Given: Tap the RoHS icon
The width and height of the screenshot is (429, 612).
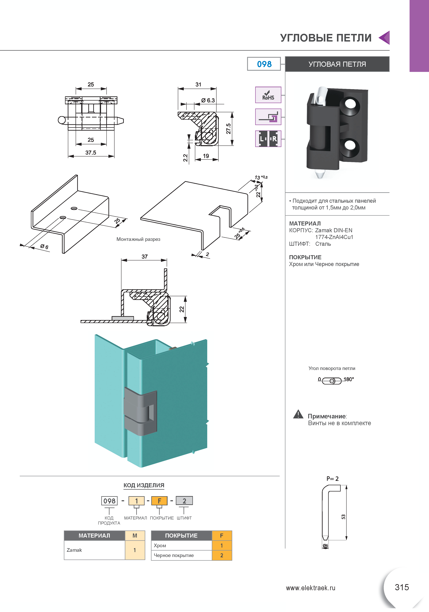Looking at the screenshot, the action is click(268, 95).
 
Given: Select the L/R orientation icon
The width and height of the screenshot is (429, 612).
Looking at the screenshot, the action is click(268, 139).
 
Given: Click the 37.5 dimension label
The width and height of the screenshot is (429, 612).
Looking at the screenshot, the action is click(91, 153).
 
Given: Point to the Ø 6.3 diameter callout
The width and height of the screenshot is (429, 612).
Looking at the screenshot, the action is click(208, 100).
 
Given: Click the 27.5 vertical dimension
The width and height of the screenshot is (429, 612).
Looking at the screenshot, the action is click(228, 129).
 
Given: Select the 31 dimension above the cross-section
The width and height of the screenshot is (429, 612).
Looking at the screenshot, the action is click(198, 85).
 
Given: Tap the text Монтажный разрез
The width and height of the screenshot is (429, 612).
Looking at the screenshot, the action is click(138, 239).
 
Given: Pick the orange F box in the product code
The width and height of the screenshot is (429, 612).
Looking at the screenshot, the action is click(159, 501).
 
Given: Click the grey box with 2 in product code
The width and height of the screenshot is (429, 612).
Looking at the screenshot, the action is click(184, 501).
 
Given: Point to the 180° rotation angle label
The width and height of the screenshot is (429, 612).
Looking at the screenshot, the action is click(348, 379).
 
